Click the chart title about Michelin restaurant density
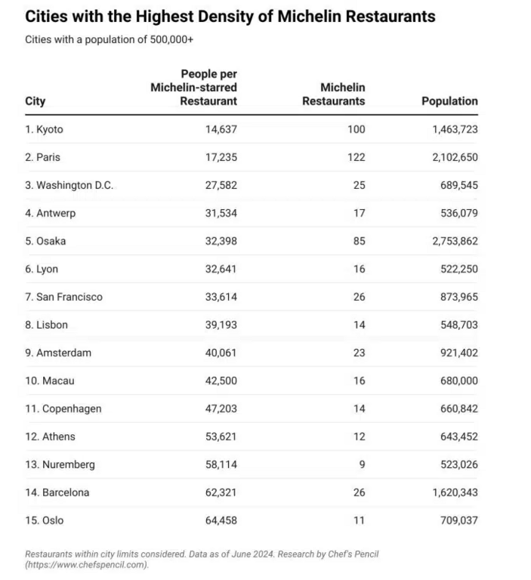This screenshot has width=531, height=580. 230,16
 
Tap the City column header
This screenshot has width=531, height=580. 36,101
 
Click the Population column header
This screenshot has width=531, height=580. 449,101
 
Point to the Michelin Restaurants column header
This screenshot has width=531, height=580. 333,94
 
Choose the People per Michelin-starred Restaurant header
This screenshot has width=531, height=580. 194,87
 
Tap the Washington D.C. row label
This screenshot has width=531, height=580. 69,185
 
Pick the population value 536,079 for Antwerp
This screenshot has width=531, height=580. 455,213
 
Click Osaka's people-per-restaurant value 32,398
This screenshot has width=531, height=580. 221,241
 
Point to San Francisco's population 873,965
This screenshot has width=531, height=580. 455,297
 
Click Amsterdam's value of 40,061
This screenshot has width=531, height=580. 221,353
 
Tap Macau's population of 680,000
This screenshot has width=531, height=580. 455,381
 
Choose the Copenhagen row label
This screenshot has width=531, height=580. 63,409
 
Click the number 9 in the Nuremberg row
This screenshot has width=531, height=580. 362,464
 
